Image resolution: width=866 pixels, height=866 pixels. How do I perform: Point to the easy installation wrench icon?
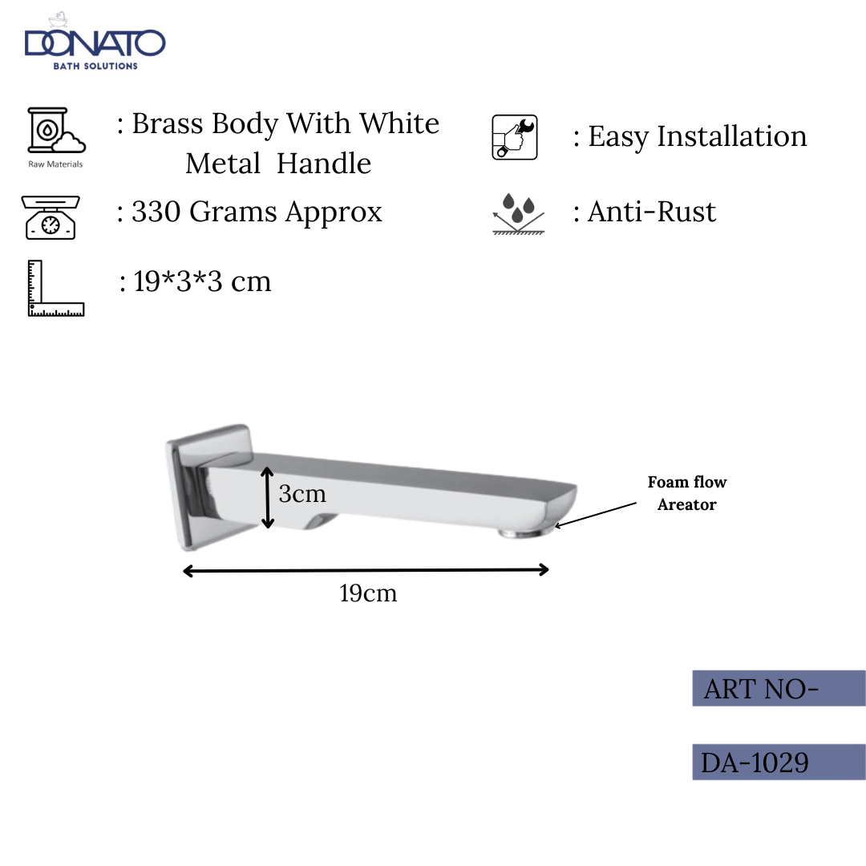(514, 137)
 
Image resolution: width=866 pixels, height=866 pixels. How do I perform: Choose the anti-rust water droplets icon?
(518, 212)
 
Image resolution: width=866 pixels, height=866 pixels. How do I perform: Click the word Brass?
(167, 124)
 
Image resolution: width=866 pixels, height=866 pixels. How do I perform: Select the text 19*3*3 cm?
(202, 281)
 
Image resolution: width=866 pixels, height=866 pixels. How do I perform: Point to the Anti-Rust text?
(652, 212)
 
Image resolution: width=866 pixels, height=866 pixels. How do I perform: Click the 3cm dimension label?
(302, 494)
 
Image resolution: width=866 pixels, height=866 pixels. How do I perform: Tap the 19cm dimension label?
(368, 594)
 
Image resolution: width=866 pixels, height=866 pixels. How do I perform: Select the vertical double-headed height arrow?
(269, 499)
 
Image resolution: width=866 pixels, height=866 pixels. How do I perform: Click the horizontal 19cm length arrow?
(366, 570)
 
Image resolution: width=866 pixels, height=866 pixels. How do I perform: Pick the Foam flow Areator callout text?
(687, 493)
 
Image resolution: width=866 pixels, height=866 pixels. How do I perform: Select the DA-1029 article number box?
(779, 762)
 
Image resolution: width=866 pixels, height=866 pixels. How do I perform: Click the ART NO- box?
(779, 688)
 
